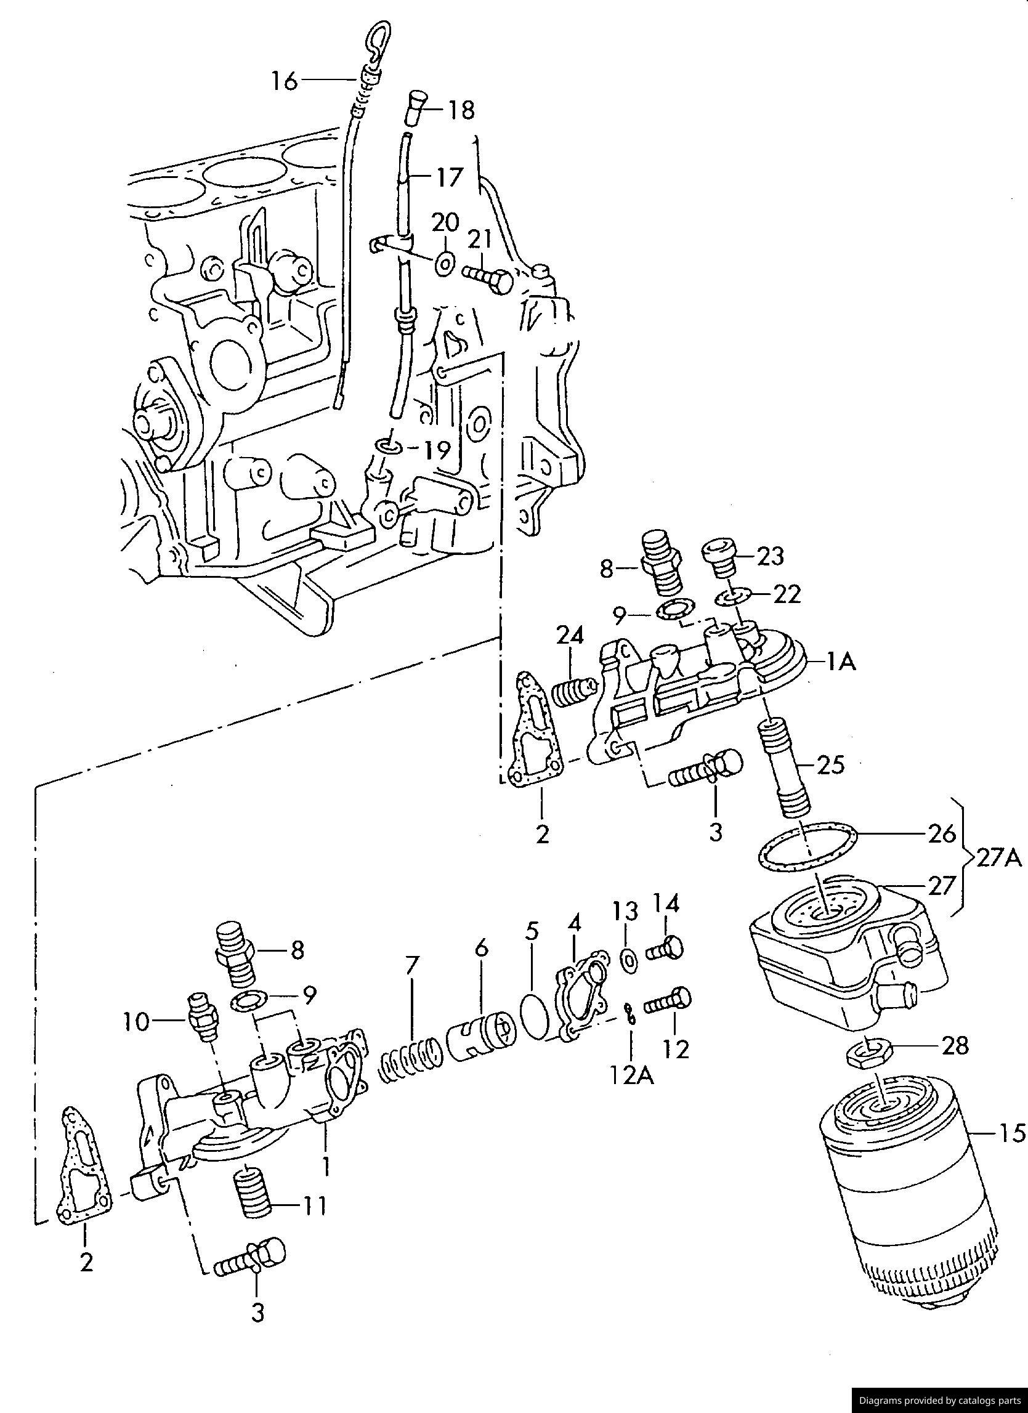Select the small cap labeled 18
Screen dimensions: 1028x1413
pos(415,108)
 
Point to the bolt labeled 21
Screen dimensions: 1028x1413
pos(488,279)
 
